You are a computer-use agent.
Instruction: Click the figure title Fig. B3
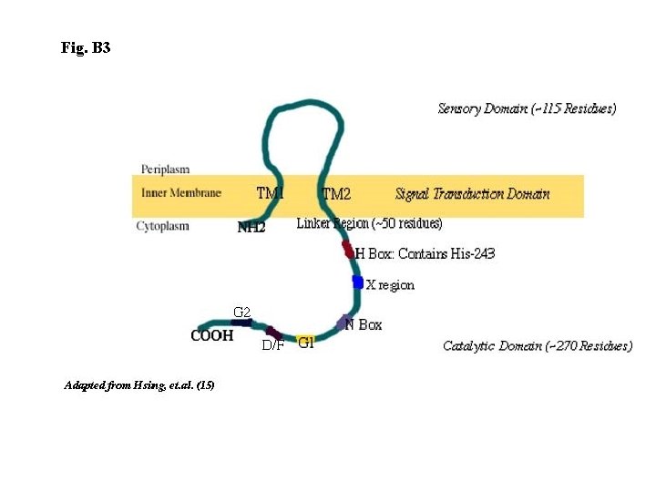click(86, 47)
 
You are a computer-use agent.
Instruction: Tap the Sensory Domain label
click(527, 108)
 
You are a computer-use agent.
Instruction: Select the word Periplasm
click(166, 169)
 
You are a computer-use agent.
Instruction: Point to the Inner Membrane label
click(181, 193)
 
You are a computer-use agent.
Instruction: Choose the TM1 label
click(270, 193)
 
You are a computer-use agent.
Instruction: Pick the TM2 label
click(336, 194)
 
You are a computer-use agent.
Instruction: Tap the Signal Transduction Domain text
click(472, 193)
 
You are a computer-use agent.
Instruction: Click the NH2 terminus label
click(251, 228)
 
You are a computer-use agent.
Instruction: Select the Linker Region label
click(369, 223)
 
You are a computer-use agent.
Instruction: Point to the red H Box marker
click(347, 249)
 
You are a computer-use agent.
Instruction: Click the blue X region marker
click(358, 282)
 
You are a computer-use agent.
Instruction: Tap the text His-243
click(472, 253)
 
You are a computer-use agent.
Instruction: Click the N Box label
click(364, 324)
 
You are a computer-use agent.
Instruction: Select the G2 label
click(241, 313)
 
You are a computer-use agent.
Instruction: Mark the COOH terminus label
click(211, 335)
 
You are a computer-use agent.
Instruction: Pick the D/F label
click(272, 345)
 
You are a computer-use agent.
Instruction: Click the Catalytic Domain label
click(537, 345)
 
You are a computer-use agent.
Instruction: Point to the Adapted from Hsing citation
click(138, 385)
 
